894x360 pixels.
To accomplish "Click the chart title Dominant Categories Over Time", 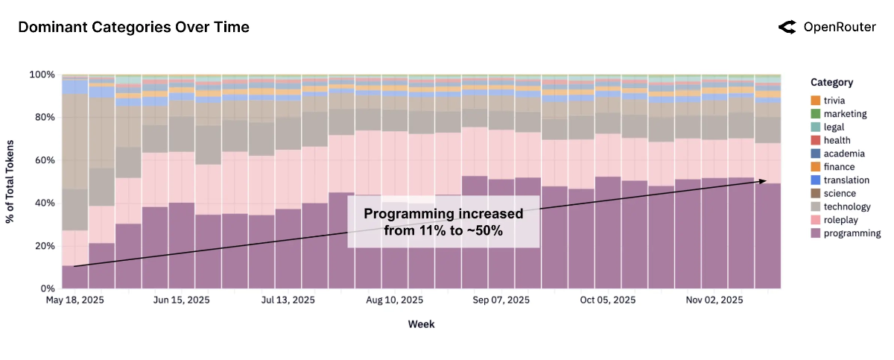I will pos(133,28).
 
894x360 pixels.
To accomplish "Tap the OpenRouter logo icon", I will pos(787,28).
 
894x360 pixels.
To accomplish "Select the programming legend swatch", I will pos(815,233).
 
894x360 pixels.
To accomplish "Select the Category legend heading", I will pos(831,83).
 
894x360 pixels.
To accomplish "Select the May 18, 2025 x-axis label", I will pos(74,300).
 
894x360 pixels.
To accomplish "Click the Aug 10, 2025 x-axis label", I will pos(394,300).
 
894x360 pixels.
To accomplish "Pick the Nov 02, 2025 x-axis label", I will pos(714,300).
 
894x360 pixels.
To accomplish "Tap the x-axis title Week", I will pos(421,324).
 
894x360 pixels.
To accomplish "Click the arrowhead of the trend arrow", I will pos(763,181).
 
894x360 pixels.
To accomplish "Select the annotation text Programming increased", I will pos(443,215).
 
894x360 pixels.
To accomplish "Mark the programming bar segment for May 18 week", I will pos(74,277).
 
